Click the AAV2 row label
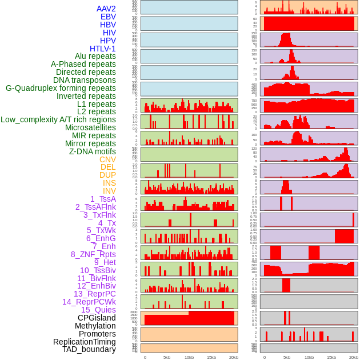click(x=106, y=9)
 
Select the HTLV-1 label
click(x=102, y=49)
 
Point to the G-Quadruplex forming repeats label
click(x=61, y=88)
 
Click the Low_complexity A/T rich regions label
click(x=58, y=119)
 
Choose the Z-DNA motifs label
click(x=92, y=151)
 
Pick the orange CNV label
click(x=107, y=159)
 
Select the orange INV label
click(x=109, y=191)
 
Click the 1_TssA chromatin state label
click(x=103, y=199)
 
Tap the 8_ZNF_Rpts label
click(x=93, y=254)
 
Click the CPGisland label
click(x=97, y=318)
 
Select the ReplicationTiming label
click(x=84, y=342)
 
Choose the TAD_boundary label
click(x=89, y=349)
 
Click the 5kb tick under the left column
click(x=167, y=357)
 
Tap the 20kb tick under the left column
click(x=233, y=357)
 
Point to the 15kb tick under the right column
click(x=331, y=357)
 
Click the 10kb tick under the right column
click(x=309, y=357)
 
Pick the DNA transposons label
click(x=85, y=80)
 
